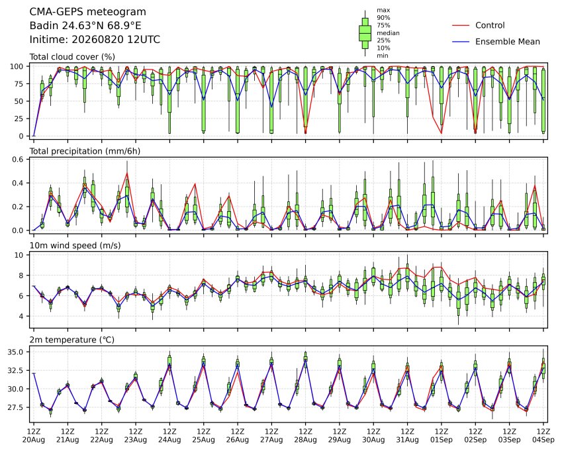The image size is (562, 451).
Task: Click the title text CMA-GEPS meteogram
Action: pos(88,12)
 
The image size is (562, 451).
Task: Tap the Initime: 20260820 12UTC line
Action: pos(95,40)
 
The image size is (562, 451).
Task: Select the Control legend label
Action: pos(490,25)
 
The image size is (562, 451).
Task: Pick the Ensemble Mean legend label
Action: pos(508,42)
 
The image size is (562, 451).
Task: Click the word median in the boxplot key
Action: pos(388,33)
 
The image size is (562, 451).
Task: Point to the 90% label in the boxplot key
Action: pos(383,18)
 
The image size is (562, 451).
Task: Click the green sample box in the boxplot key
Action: pos(365,33)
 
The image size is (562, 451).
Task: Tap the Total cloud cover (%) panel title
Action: pos(72,57)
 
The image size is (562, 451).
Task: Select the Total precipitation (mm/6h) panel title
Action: pos(85,151)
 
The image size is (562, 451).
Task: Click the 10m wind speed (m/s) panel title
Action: pos(75,246)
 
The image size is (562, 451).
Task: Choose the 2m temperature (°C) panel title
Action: pos(71,340)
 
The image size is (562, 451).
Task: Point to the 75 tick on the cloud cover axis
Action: pos(19,84)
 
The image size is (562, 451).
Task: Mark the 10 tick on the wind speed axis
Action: pos(19,255)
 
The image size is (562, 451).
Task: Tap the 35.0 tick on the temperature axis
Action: pos(15,352)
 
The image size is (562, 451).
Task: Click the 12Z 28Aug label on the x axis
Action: pos(305,436)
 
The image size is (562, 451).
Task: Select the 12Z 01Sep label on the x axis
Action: pos(442,436)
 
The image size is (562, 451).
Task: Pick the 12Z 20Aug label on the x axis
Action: pos(34,436)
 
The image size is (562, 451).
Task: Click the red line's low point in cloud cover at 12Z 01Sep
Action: pos(442,134)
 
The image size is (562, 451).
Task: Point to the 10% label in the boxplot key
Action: pos(383,48)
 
